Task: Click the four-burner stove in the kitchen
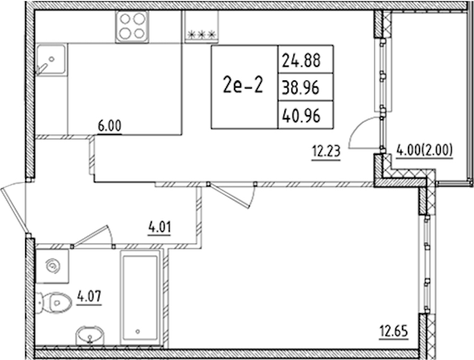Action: pos(132,26)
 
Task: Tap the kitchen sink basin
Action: pos(51,59)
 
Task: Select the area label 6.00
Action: pos(109,126)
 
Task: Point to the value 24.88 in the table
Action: pos(301,60)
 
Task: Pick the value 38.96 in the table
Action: pos(301,88)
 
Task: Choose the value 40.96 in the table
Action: pos(301,116)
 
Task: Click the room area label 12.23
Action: pos(326,151)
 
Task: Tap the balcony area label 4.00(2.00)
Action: pos(424,149)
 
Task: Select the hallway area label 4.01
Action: pos(160,227)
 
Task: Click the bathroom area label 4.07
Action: pos(89,296)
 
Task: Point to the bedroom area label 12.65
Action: pos(394,331)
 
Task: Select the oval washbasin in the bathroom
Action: pos(89,335)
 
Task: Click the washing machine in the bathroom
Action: pos(52,266)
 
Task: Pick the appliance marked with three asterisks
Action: pos(202,26)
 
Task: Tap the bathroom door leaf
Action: pos(90,236)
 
